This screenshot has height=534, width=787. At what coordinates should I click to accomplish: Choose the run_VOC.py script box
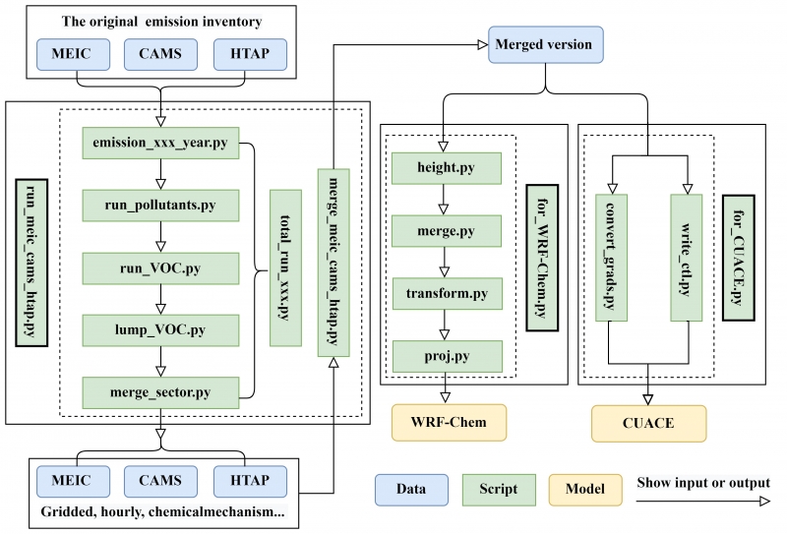(x=161, y=267)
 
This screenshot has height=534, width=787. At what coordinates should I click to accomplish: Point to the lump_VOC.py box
(x=161, y=328)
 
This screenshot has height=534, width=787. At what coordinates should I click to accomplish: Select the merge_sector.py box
(x=161, y=391)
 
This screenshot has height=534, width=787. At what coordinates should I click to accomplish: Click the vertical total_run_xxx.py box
(x=285, y=267)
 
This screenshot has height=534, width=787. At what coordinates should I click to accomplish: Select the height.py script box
(x=447, y=168)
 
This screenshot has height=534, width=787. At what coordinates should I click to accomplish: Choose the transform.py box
(x=447, y=293)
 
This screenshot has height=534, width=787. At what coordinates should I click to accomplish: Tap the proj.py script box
(x=447, y=355)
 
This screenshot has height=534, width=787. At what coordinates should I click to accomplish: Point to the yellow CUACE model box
(x=648, y=423)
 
